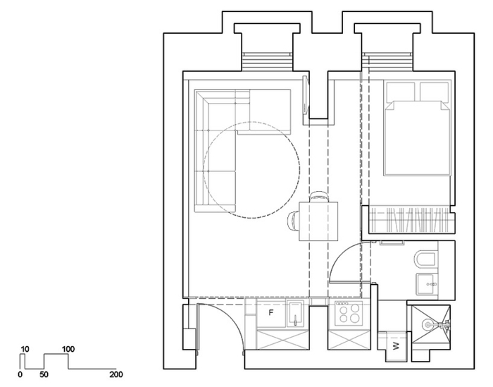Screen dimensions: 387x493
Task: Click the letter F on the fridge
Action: pos(270,312)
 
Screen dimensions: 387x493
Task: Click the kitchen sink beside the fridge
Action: pos(296,315)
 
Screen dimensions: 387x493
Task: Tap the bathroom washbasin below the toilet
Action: pos(426,284)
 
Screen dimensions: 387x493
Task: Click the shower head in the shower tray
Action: pos(430,324)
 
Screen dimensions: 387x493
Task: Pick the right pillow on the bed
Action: pos(433,92)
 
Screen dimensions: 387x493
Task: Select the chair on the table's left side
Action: pos(293,221)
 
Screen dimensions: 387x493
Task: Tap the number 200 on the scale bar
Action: pos(116,375)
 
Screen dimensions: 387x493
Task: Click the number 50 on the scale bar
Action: pos(44,375)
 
